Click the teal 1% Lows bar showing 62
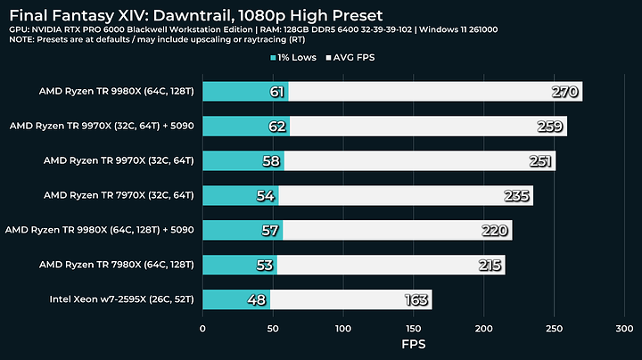245,126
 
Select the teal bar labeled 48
236,300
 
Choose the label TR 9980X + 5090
100,230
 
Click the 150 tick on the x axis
414,328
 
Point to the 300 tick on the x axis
625,328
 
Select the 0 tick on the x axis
203,328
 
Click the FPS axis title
414,344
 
